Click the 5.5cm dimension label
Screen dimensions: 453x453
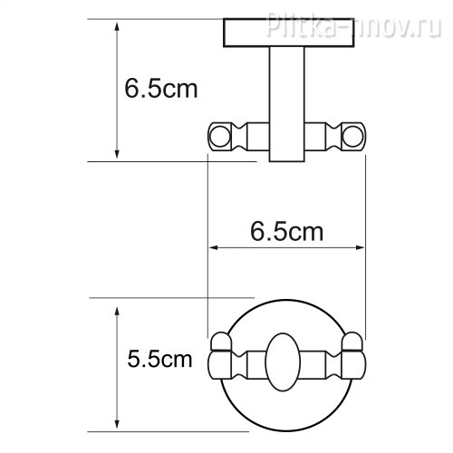(159, 359)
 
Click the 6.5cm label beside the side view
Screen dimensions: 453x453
(161, 89)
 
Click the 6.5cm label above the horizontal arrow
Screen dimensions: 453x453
(286, 232)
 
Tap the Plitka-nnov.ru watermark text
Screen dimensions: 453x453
(353, 24)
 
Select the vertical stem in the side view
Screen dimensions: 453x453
(287, 104)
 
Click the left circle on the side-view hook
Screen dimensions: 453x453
(219, 137)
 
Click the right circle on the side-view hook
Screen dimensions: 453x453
(353, 137)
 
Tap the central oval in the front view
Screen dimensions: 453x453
(283, 362)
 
